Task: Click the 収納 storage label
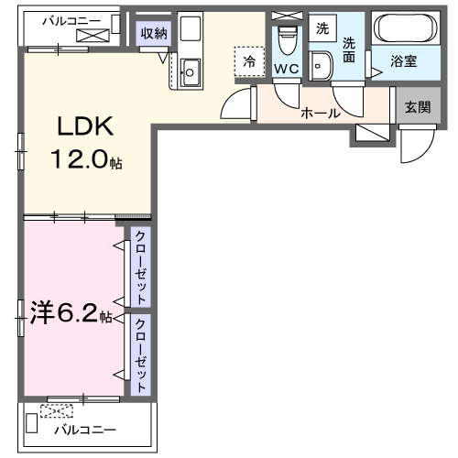pos(153,34)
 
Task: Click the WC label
pos(286,69)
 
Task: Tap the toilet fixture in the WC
pos(287,39)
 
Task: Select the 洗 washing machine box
pos(322,27)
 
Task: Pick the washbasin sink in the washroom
pos(322,63)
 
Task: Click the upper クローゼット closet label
pos(140,268)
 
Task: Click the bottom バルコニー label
pos(83,429)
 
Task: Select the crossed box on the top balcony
pos(93,36)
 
